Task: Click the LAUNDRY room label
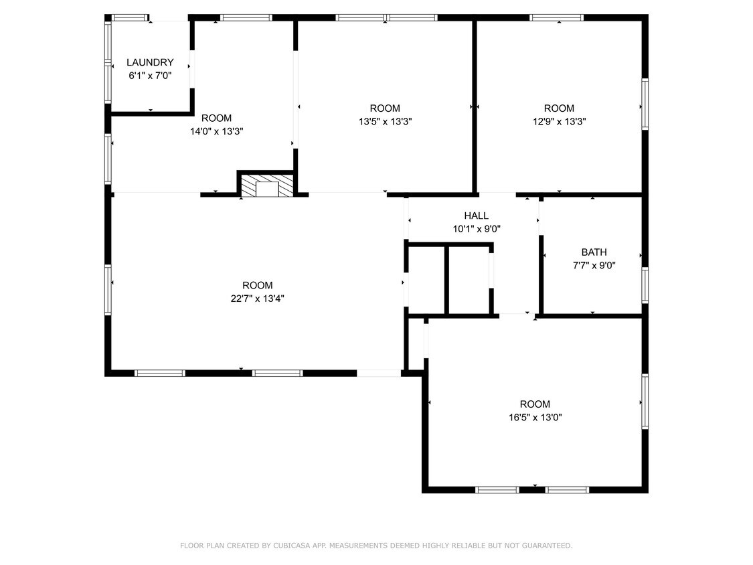150,62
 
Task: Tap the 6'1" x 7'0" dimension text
150,76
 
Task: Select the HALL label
477,216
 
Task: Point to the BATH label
594,252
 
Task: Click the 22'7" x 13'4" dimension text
258,299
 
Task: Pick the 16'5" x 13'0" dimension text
535,417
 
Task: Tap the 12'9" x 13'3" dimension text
559,122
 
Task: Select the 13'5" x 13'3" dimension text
385,122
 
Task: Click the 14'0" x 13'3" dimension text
217,131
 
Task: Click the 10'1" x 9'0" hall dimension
477,229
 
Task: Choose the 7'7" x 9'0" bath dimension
594,265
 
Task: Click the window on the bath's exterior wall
645,285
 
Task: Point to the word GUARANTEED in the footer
546,546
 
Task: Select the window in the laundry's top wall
130,18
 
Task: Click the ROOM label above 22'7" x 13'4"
258,285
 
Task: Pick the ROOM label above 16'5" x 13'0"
535,404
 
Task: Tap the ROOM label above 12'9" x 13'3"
559,108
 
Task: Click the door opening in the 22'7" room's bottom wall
378,374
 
